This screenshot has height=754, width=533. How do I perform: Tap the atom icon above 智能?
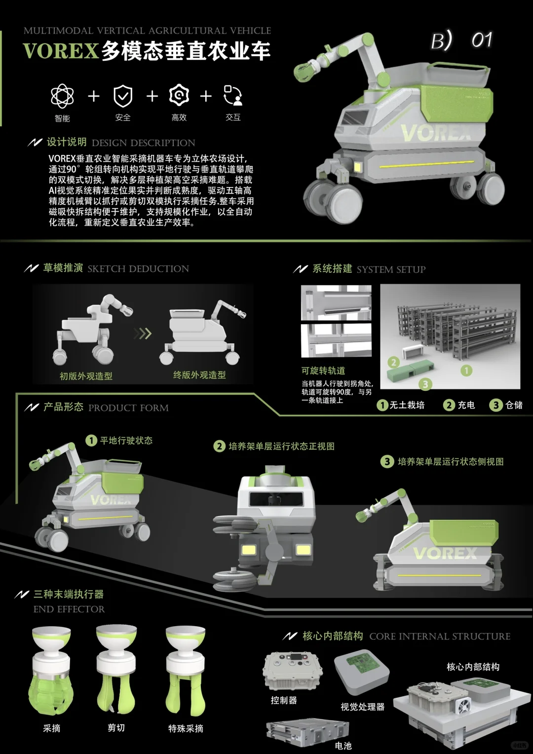click(x=62, y=96)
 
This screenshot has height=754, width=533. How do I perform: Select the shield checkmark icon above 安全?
click(x=123, y=96)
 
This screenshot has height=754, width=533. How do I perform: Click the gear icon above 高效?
click(x=179, y=95)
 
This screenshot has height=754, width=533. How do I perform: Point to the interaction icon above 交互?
click(x=233, y=95)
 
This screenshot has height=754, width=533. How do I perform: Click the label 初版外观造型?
click(x=86, y=376)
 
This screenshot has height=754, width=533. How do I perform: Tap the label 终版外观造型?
click(x=199, y=375)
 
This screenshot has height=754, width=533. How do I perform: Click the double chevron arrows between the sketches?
click(x=143, y=334)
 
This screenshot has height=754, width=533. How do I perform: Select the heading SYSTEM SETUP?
click(x=390, y=269)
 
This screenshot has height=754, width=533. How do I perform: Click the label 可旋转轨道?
click(x=323, y=371)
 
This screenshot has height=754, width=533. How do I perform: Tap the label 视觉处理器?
click(x=362, y=707)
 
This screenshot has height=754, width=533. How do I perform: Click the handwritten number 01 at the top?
click(x=481, y=40)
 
